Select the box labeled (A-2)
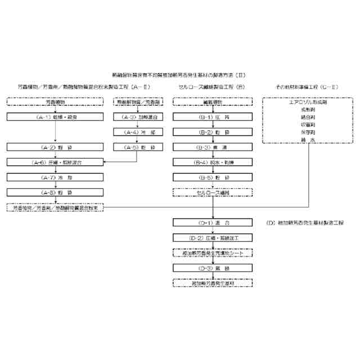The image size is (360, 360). click(x=55, y=147)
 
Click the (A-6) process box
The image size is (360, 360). click(x=55, y=162)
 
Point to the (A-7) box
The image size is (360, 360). click(x=55, y=177)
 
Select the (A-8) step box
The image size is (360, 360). click(x=55, y=192)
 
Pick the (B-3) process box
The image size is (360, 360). click(x=213, y=147)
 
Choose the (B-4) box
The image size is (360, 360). click(x=213, y=162)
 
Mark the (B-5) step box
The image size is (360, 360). click(x=213, y=177)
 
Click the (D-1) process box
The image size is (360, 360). click(x=213, y=223)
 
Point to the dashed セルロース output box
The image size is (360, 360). click(x=213, y=192)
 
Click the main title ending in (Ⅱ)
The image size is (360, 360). click(x=179, y=74)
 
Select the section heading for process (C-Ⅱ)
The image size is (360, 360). click(x=307, y=88)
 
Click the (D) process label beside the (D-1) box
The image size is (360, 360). click(x=306, y=223)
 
